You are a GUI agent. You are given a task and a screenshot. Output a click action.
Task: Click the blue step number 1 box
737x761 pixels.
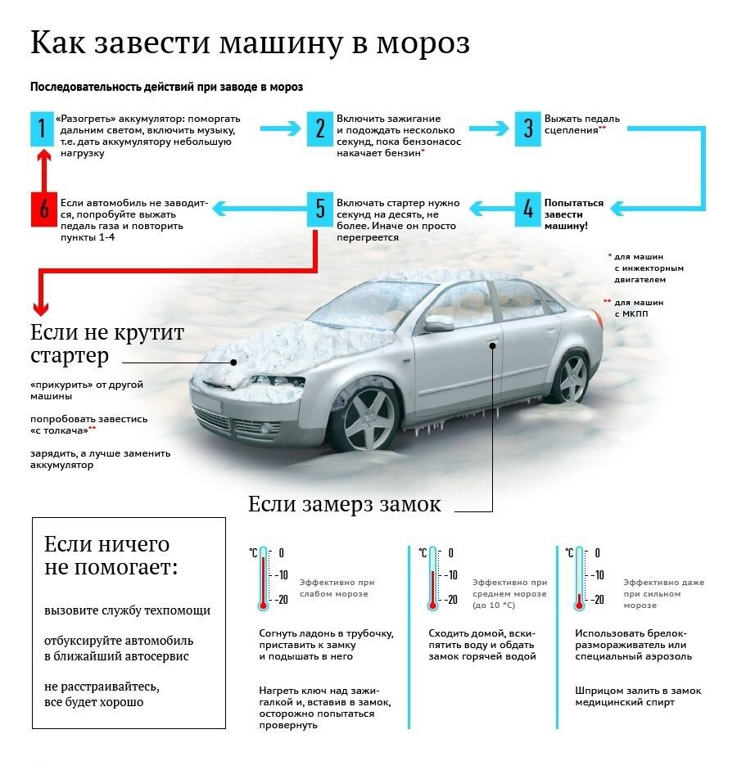pos(40,129)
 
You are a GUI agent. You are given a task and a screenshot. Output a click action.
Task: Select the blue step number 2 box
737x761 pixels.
pos(320,129)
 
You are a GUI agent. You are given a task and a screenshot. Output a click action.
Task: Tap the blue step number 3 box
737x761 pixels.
pos(528,129)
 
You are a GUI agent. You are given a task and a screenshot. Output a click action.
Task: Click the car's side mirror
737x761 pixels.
pos(438,322)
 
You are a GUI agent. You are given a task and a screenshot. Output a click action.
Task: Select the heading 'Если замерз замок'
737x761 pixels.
pos(344,504)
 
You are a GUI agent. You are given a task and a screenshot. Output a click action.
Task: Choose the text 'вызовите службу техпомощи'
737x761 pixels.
pos(127,610)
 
